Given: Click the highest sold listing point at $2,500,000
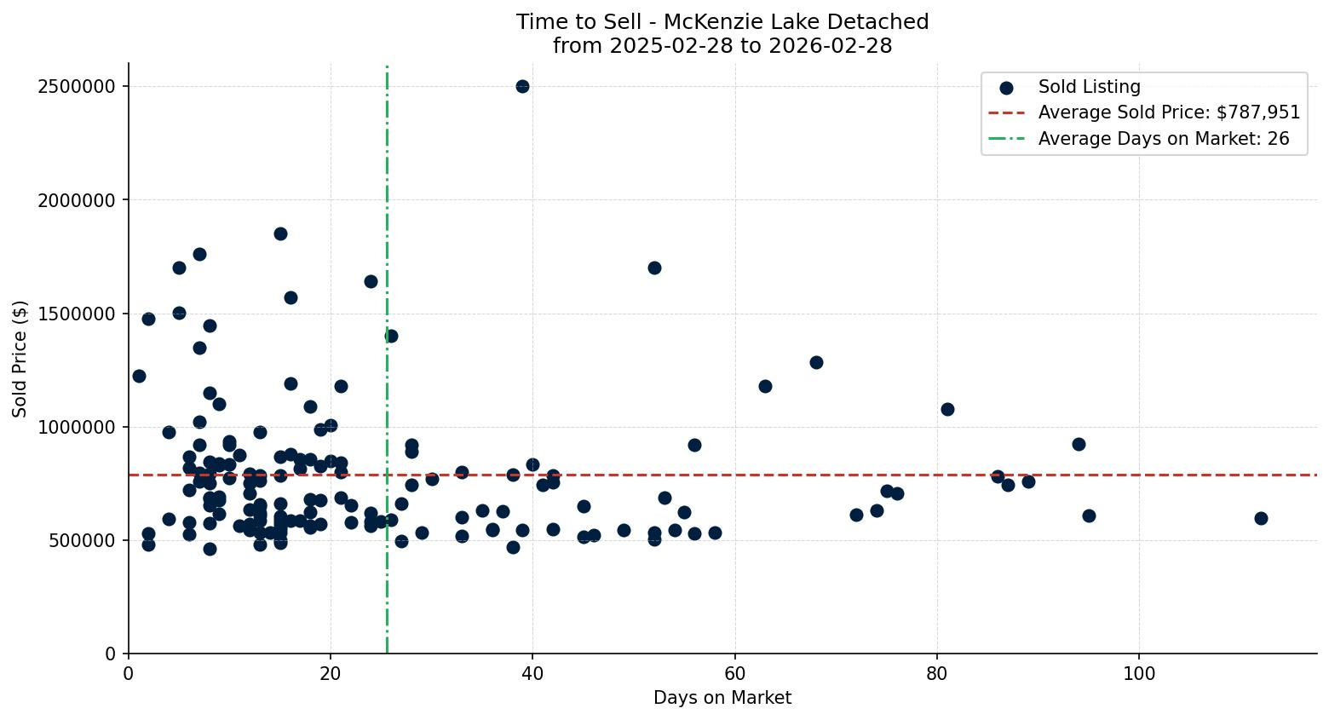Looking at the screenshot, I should pos(522,86).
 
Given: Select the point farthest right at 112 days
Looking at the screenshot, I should pos(1261,518).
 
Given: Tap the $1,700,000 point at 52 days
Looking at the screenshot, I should pos(654,268).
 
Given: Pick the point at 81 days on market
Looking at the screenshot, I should pos(947,409).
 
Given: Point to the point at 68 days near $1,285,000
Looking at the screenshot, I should pos(816,362).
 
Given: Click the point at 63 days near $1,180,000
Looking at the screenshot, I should pos(765,386).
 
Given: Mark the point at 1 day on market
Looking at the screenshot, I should pos(139,376).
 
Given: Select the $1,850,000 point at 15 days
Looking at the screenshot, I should pos(280,233).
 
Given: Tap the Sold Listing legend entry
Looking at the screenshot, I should pos(1089,87).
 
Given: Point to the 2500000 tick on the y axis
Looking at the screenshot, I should pos(78,87).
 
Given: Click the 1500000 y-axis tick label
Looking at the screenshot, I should pos(78,314).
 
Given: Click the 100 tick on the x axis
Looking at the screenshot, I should pos(1139,674).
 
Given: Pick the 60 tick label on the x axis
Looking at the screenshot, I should pos(734,674).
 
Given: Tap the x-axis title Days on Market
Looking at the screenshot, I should pos(722,698).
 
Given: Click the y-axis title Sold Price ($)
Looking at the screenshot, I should pos(20,359).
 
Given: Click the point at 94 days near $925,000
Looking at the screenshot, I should pos(1079,444).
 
